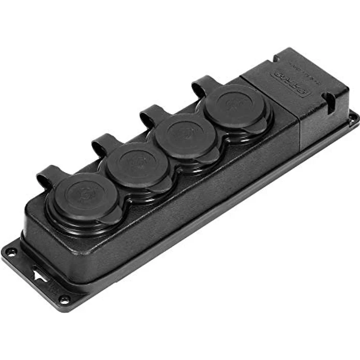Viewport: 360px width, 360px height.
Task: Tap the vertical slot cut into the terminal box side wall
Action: (331, 101)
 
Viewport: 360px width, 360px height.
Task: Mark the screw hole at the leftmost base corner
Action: (10, 251)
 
